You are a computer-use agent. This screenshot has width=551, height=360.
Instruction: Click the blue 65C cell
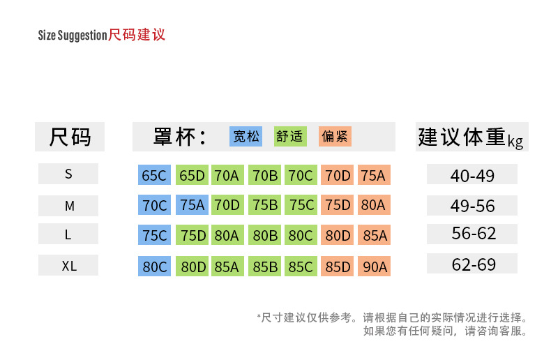coord(154,175)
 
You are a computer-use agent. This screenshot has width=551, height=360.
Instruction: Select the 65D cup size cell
coord(192,175)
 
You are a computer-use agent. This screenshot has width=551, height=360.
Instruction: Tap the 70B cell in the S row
coord(265,175)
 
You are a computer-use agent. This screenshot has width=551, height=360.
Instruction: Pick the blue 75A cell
coord(192,205)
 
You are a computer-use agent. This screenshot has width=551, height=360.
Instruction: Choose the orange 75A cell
coord(374,175)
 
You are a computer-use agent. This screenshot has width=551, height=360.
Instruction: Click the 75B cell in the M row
coord(265,205)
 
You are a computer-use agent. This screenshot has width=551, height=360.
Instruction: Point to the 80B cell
coord(265,236)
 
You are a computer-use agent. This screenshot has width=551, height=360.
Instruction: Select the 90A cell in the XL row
coord(374,267)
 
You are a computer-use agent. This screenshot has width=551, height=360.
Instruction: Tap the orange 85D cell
coord(338,267)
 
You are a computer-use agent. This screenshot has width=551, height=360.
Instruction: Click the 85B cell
coord(265,267)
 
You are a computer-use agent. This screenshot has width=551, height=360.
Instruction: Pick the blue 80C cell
coord(154,267)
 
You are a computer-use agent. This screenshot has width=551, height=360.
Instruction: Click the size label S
coord(68,174)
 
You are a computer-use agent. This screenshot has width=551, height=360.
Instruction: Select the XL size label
coord(68,266)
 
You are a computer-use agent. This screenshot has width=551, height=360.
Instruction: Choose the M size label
coord(68,206)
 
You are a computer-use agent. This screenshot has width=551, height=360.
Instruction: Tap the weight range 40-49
coord(472,175)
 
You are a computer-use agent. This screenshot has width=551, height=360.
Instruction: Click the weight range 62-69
coord(472,264)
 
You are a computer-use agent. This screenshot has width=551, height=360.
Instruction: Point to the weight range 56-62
coord(472,234)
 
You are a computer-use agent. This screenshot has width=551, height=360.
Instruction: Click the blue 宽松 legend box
coord(246,136)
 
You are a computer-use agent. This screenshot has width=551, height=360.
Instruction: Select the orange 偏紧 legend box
coord(335,136)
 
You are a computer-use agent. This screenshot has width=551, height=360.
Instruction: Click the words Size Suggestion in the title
coord(72,36)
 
